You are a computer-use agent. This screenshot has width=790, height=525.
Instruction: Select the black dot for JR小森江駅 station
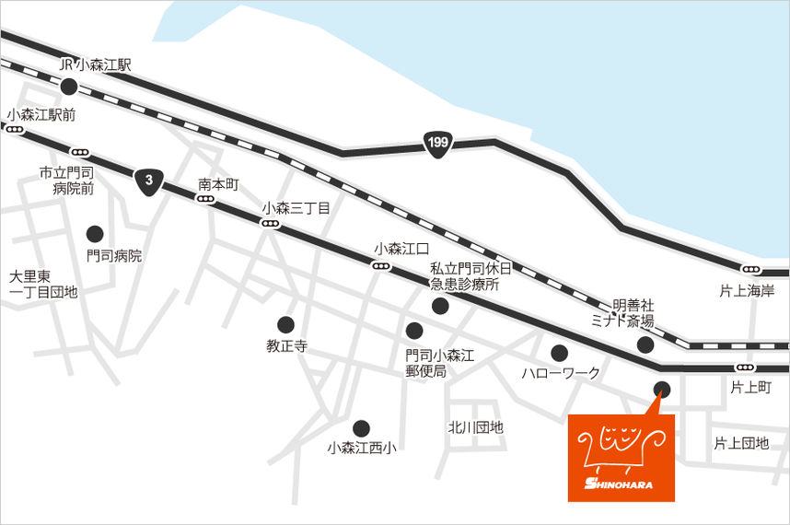point(69,87)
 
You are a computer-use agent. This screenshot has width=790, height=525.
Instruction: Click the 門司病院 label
point(114,255)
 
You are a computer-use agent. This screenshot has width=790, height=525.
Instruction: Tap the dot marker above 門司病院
point(95,233)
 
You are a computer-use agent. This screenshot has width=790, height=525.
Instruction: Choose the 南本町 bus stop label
point(218,184)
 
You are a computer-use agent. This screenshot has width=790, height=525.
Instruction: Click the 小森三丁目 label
point(296,208)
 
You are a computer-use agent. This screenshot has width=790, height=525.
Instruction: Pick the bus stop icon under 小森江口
point(380,266)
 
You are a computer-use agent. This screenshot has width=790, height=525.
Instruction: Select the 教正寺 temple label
point(285,346)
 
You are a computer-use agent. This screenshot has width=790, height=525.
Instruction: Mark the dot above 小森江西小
point(361,427)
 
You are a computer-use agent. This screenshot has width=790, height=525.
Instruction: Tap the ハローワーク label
point(560,373)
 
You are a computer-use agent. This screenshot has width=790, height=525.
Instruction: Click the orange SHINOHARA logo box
point(621,458)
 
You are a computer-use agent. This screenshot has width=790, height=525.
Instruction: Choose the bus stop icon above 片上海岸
point(752,270)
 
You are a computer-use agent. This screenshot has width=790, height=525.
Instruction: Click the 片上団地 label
point(741,443)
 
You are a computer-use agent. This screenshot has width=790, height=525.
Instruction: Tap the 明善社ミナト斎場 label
point(622,313)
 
